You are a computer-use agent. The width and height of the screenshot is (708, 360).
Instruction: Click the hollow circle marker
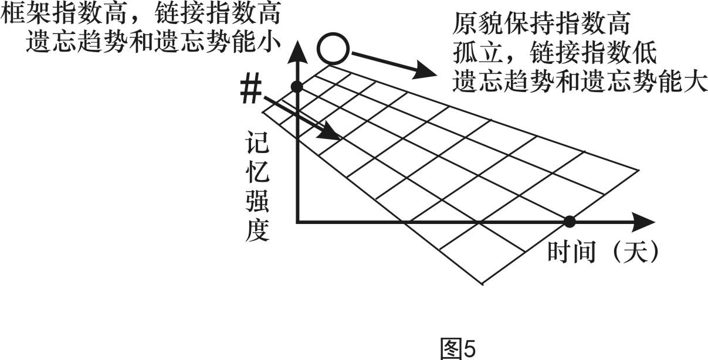click(x=334, y=49)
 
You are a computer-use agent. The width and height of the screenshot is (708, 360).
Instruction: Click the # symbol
click(x=250, y=91)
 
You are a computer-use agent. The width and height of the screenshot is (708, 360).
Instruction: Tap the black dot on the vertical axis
click(x=297, y=87)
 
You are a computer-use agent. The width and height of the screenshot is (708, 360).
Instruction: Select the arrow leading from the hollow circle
click(x=394, y=64)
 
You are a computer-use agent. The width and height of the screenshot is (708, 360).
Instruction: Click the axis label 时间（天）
click(x=604, y=253)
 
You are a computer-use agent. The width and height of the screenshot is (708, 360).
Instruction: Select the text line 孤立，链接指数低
click(x=554, y=54)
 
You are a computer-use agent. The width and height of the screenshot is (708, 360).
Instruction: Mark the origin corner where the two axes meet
click(x=298, y=222)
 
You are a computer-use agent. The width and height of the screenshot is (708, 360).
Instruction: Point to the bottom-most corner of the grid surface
click(x=482, y=285)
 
